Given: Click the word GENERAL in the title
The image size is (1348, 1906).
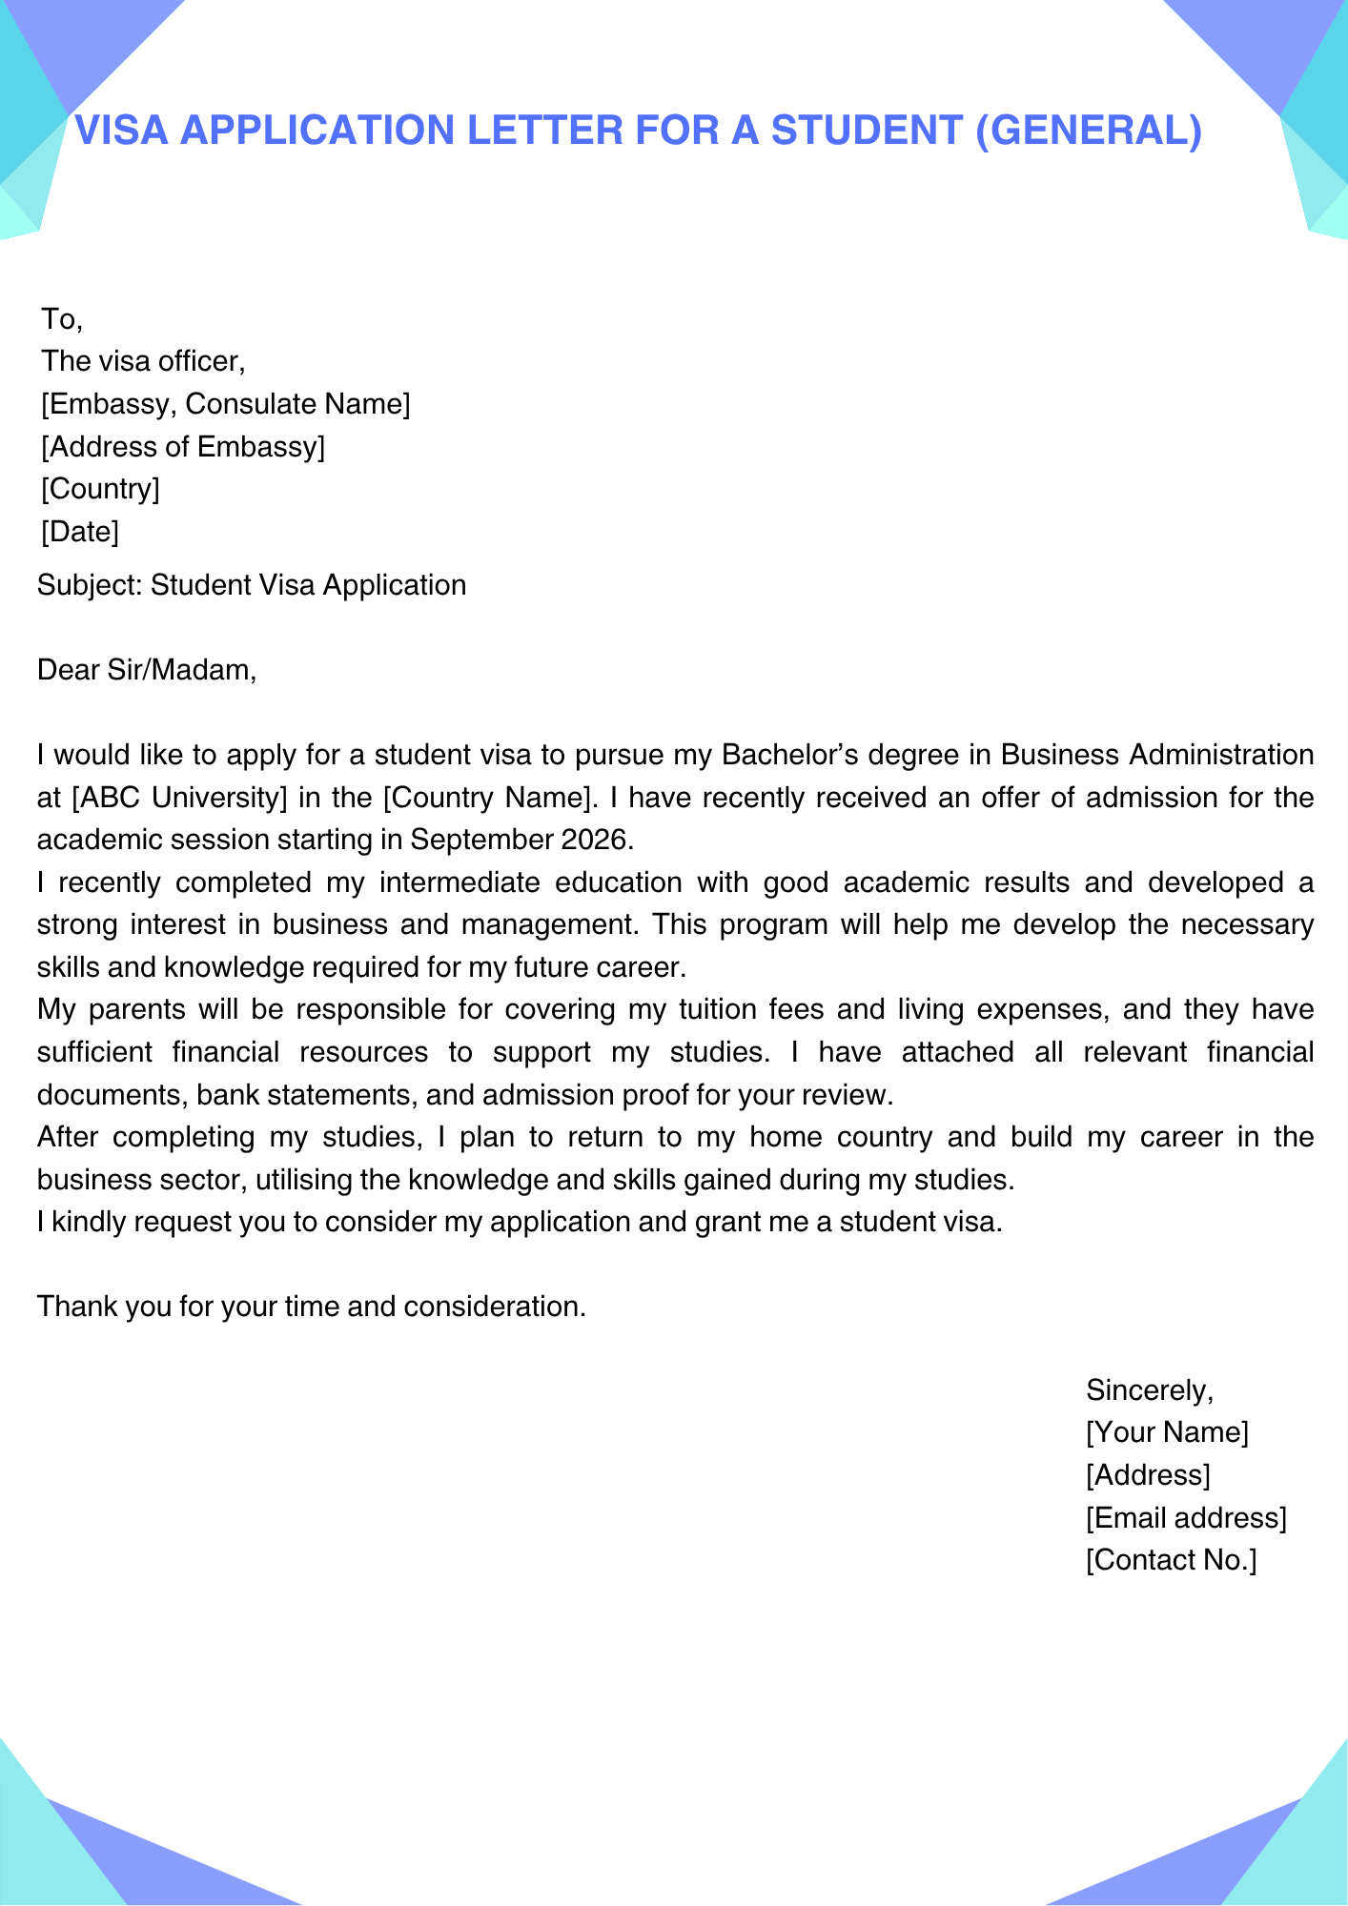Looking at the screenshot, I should (1090, 131).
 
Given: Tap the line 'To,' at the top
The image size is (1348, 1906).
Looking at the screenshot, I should (62, 319).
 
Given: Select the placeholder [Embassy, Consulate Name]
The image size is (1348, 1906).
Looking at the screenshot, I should (225, 404).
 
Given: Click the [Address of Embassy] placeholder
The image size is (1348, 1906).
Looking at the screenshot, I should (182, 446).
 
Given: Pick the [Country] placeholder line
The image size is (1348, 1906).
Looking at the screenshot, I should (100, 489).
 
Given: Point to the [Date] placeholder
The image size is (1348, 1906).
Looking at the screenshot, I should (80, 531).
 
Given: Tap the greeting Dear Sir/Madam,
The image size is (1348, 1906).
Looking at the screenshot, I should (147, 670).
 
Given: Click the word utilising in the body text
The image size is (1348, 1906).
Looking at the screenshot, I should (304, 1180).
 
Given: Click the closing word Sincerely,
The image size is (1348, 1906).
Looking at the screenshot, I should (1149, 1390).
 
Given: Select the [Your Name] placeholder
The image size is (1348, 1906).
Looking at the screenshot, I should (1166, 1432).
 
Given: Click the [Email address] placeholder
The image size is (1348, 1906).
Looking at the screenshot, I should (1185, 1518).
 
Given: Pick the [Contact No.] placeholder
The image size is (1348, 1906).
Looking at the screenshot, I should (1171, 1560).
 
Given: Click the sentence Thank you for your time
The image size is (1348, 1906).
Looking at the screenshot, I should (311, 1306).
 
